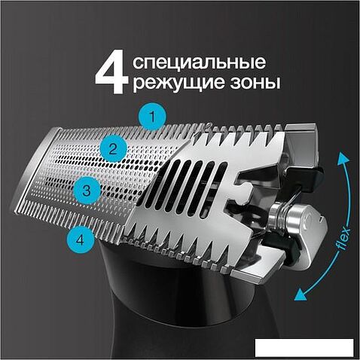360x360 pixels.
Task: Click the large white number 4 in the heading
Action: [x=111, y=72]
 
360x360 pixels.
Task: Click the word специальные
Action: [x=199, y=63]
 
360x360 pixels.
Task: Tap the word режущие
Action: [x=179, y=83]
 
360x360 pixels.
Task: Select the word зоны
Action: [x=255, y=83]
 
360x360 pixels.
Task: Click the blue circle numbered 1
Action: [x=152, y=117]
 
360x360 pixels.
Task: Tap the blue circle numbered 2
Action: [x=113, y=149]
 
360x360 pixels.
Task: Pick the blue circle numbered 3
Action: [x=87, y=191]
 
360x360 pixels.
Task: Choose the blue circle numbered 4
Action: [x=81, y=240]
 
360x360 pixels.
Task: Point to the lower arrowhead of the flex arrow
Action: [x=301, y=294]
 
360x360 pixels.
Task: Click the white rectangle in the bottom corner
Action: [x=304, y=347]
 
